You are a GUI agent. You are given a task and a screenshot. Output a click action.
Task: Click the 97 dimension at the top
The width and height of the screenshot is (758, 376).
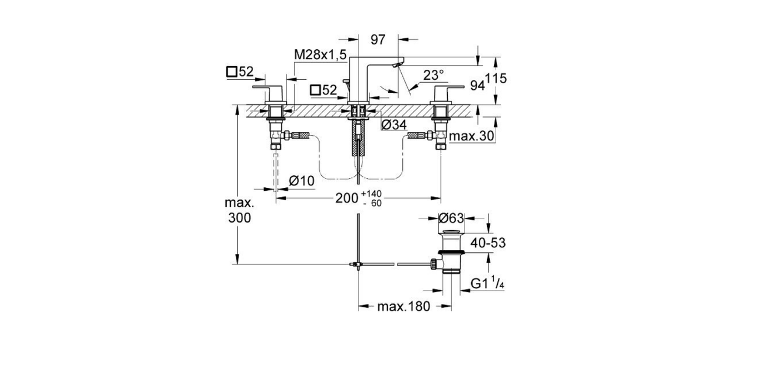click(378, 39)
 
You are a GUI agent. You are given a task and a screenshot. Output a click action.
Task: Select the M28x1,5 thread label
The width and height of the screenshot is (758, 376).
click(320, 54)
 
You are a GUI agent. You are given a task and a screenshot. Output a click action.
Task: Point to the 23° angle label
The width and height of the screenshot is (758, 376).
click(433, 75)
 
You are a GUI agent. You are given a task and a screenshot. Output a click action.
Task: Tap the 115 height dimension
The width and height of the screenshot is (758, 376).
click(496, 79)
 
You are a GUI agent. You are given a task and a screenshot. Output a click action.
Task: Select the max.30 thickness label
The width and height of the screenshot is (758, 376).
click(472, 136)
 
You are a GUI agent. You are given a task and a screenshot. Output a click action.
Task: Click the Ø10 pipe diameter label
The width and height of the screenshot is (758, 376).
click(302, 181)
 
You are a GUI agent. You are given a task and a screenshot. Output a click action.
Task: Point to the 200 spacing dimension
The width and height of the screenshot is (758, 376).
click(347, 199)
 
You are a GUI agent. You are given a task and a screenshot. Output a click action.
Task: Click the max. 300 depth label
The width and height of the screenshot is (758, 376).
click(239, 210)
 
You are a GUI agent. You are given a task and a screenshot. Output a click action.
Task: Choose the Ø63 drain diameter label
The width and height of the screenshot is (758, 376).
click(451, 219)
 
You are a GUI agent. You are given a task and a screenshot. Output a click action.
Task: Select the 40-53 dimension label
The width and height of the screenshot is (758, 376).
click(487, 243)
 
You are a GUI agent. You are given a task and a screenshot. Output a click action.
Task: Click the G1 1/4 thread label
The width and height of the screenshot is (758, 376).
click(487, 284)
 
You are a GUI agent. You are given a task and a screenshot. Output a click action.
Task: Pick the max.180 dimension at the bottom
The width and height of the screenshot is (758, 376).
click(403, 307)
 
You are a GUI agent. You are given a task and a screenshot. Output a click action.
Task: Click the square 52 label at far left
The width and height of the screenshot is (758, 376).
click(240, 72)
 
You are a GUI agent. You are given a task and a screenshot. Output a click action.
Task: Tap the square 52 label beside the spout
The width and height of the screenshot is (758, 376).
click(324, 90)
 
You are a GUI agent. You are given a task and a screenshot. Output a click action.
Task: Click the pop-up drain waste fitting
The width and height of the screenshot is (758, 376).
click(451, 252)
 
